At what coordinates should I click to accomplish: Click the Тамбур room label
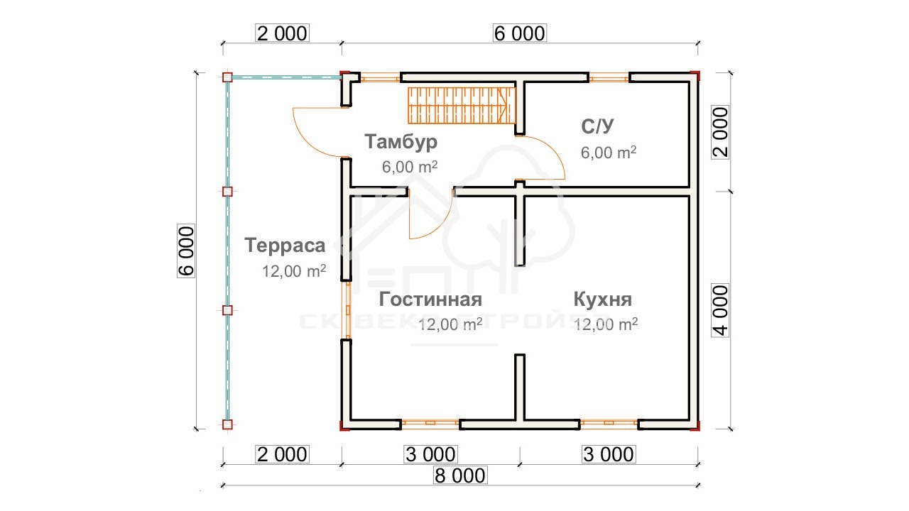(401, 143)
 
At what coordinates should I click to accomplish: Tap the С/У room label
(597, 126)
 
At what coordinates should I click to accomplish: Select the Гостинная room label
(430, 300)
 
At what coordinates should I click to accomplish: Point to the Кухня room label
(603, 300)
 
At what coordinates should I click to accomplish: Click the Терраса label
(285, 246)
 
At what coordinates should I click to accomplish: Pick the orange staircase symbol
(462, 106)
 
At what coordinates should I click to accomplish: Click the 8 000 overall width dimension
(459, 476)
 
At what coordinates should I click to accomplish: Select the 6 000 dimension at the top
(519, 33)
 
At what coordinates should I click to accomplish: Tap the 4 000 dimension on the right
(721, 310)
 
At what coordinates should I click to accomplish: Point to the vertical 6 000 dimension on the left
(186, 251)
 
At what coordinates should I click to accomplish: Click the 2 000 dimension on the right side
(721, 132)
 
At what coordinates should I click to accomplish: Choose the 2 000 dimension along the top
(282, 33)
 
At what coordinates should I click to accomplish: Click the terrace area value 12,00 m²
(294, 271)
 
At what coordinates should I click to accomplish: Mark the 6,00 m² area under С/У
(609, 153)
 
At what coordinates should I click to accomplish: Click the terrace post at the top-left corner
(227, 77)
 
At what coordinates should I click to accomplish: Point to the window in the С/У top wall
(609, 77)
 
